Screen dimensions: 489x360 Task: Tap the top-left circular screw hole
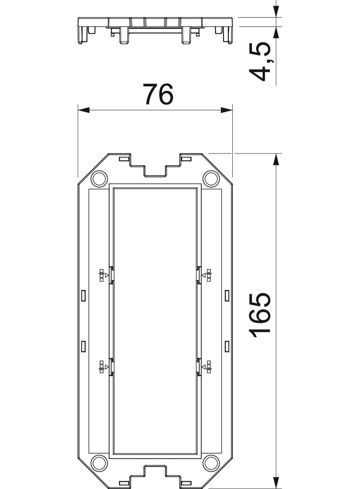(x=98, y=178)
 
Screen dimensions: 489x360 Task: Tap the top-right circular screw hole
(x=211, y=178)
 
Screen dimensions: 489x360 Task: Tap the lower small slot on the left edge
(x=83, y=345)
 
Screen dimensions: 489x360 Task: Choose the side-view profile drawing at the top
(x=155, y=30)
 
